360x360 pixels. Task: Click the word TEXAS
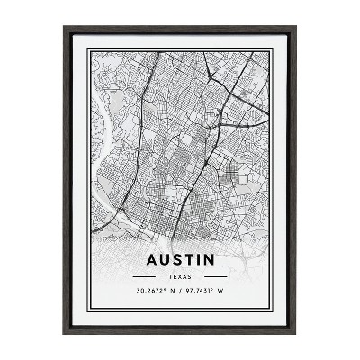(179, 278)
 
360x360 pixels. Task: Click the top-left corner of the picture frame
(65, 28)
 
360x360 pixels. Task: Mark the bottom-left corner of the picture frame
(65, 332)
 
